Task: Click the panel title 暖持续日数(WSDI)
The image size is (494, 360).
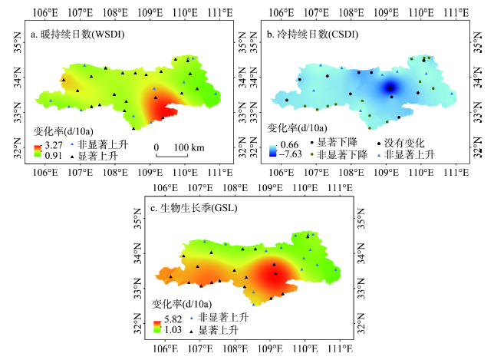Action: [x=77, y=35]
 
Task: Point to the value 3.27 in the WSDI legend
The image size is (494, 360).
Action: [x=51, y=144]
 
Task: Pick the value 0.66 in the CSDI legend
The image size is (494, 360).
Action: [x=289, y=144]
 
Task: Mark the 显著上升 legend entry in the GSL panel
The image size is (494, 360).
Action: [x=219, y=329]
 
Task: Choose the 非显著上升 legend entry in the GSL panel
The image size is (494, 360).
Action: [x=223, y=318]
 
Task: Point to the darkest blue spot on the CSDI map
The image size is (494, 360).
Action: [x=390, y=87]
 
